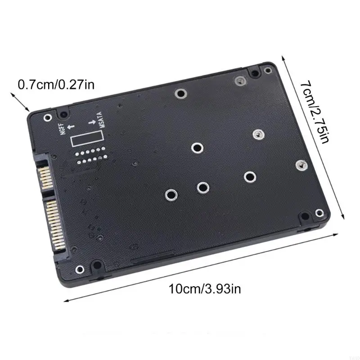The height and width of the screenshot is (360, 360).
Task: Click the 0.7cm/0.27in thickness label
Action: (x=56, y=84)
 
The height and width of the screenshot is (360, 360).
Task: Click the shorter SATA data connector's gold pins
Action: (x=45, y=178)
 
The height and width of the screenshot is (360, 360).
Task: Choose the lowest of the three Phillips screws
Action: (x=299, y=166)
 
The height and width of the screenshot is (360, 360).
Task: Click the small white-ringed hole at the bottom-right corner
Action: (x=319, y=212)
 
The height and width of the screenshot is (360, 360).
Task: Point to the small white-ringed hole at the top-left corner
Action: (x=48, y=117)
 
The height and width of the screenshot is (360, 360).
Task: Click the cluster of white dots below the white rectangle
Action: (x=90, y=154)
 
